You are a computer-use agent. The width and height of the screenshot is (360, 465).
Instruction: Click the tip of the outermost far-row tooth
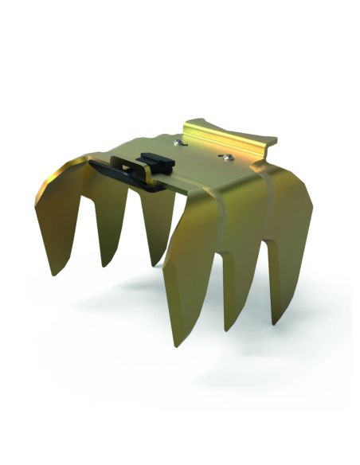[55, 274]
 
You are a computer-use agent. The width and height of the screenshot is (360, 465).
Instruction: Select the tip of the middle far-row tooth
[104, 265]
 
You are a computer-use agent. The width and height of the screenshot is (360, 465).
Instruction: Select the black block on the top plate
[151, 162]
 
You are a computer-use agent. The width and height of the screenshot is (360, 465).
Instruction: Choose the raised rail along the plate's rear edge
[231, 135]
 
